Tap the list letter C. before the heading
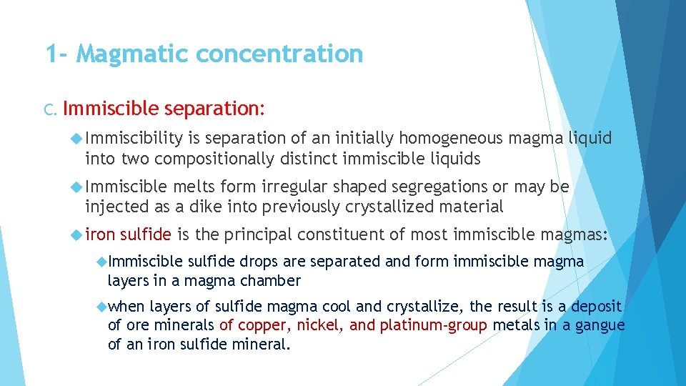51,109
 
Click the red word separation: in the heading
214,109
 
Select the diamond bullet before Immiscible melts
77,187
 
